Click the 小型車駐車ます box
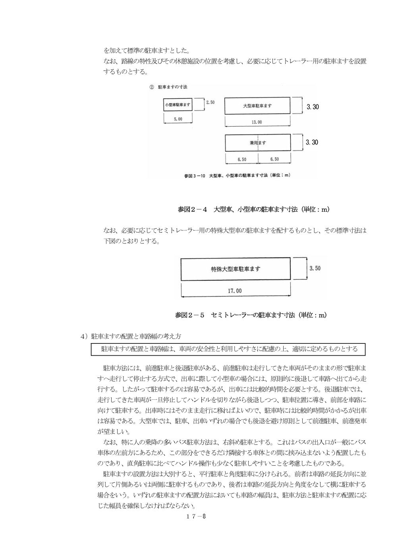(x=178, y=105)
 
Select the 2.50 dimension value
(x=210, y=102)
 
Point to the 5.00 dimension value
(x=178, y=119)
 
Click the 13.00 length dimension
(x=257, y=122)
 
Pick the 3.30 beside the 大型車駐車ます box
(x=312, y=107)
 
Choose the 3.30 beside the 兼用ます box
(x=312, y=142)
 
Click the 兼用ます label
(x=258, y=143)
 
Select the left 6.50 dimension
(x=242, y=159)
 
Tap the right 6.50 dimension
(x=274, y=159)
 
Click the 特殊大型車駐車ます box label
(x=236, y=269)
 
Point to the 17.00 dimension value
(x=234, y=291)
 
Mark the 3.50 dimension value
(x=315, y=268)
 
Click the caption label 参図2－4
(x=193, y=209)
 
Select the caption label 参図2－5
(x=189, y=315)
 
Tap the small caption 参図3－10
(x=194, y=175)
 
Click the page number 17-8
(x=195, y=517)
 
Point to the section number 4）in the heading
(x=84, y=336)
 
